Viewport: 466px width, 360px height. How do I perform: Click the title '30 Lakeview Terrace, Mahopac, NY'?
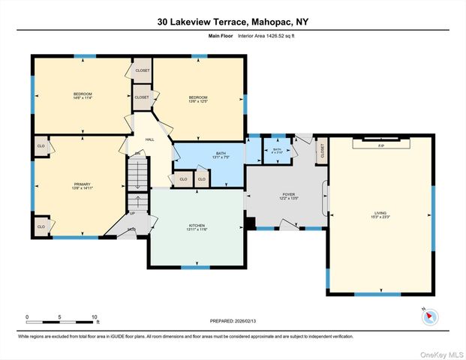click(x=233, y=22)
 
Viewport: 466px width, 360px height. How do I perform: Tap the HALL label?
click(x=149, y=139)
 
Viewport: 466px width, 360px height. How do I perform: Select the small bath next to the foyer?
click(x=277, y=151)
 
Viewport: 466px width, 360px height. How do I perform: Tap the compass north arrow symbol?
click(x=429, y=316)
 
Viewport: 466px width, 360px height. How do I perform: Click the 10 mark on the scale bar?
click(x=95, y=317)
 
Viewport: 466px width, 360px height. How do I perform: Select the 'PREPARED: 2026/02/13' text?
click(x=233, y=321)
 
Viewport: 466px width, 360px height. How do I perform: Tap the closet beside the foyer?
click(x=322, y=151)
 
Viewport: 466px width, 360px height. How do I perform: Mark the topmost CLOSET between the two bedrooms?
click(x=142, y=70)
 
